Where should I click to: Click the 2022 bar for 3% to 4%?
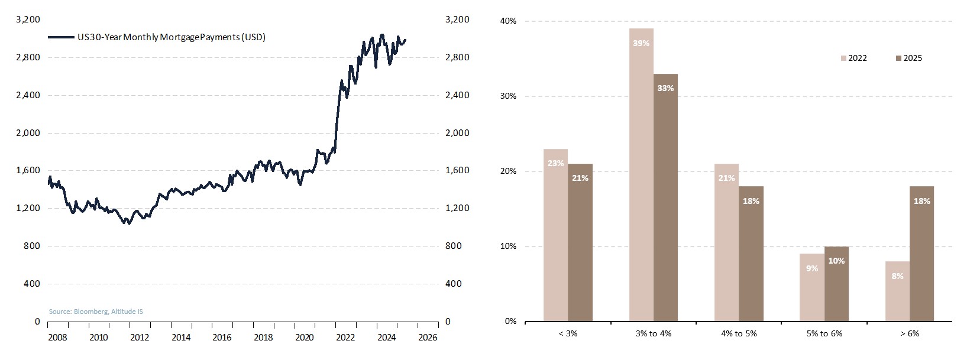point(641,177)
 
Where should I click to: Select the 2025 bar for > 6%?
point(921,254)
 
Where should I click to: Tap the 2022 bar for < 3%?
point(555,236)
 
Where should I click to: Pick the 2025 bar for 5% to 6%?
point(836,284)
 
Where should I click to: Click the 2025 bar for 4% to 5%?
point(751,254)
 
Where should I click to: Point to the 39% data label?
point(641,43)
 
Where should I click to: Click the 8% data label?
point(897,276)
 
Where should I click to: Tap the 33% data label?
point(665,88)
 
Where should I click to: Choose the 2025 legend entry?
point(909,58)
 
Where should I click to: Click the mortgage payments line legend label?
point(172,37)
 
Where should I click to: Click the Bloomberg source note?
point(96,312)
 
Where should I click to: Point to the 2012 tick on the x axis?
point(140,338)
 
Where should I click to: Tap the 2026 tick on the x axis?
point(428,338)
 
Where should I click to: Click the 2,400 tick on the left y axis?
point(28,95)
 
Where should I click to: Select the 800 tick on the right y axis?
point(454,246)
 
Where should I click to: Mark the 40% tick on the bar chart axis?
point(509,21)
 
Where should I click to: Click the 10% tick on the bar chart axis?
point(509,247)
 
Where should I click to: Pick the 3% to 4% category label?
point(654,334)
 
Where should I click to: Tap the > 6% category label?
point(910,334)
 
